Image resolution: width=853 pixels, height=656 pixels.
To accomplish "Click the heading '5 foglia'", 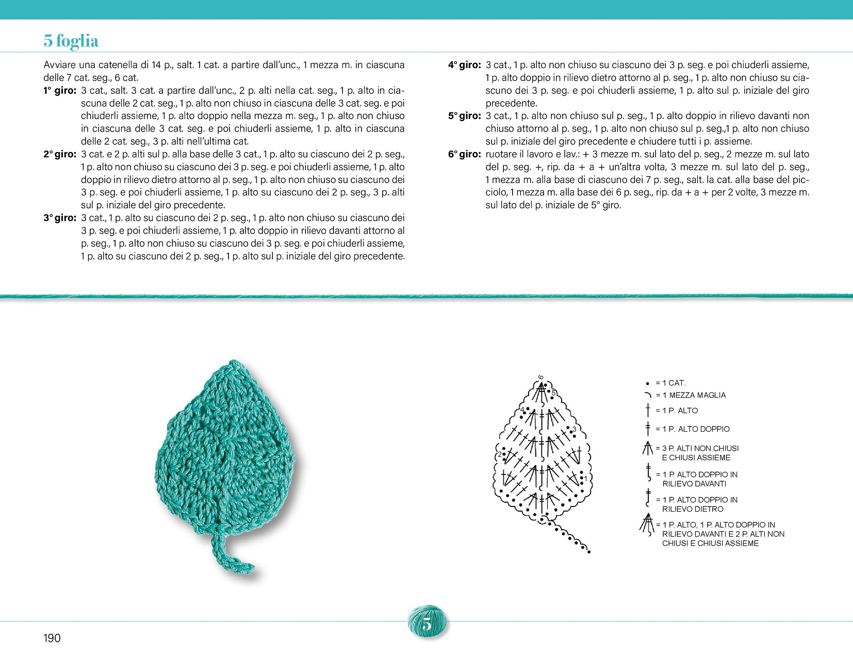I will (x=71, y=41).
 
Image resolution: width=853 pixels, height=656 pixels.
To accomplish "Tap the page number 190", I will (x=52, y=638).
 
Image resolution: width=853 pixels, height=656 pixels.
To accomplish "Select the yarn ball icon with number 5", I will (x=427, y=624).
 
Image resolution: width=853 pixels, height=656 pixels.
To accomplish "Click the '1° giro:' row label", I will (x=60, y=90).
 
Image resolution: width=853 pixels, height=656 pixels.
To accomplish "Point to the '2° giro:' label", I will (x=60, y=154).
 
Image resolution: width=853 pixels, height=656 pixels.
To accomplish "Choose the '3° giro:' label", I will (x=60, y=218).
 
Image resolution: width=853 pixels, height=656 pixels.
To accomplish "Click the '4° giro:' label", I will (x=464, y=65).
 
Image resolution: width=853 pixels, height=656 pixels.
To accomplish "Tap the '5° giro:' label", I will (x=464, y=116).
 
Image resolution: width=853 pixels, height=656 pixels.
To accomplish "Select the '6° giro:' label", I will (x=464, y=154).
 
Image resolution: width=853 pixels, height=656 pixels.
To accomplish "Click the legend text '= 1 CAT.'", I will (x=670, y=383).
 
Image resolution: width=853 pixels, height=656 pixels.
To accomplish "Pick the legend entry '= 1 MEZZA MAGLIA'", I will (x=691, y=395).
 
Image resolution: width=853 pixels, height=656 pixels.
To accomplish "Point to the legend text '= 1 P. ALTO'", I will (x=677, y=411).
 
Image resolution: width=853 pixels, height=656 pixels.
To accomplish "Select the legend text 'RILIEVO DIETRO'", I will (x=693, y=509).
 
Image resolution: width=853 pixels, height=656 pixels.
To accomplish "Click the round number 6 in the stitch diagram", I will (x=541, y=377).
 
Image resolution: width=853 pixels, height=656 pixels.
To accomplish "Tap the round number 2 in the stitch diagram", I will (x=499, y=454).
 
